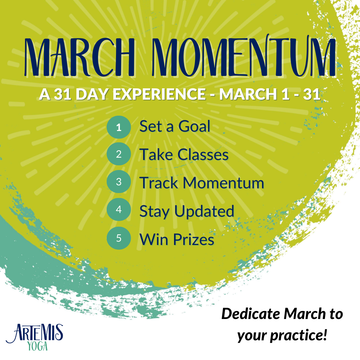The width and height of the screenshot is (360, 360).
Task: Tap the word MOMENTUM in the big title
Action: [244, 56]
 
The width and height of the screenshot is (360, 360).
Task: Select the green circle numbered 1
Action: [119, 127]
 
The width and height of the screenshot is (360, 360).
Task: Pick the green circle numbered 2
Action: [119, 154]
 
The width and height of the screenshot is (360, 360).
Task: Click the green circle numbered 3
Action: [119, 182]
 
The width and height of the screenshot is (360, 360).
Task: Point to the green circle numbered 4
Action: [119, 209]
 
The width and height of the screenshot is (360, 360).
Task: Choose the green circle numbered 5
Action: [119, 238]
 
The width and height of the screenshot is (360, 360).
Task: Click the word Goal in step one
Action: [194, 126]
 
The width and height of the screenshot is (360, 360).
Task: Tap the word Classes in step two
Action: [203, 155]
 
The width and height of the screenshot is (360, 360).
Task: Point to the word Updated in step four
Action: [204, 212]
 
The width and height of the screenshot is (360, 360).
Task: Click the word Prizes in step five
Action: [194, 239]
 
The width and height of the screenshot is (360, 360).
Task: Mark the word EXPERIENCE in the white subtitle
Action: [159, 94]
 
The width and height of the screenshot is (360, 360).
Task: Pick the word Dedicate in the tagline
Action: [251, 314]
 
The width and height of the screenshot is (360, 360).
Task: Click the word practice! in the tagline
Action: [298, 336]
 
